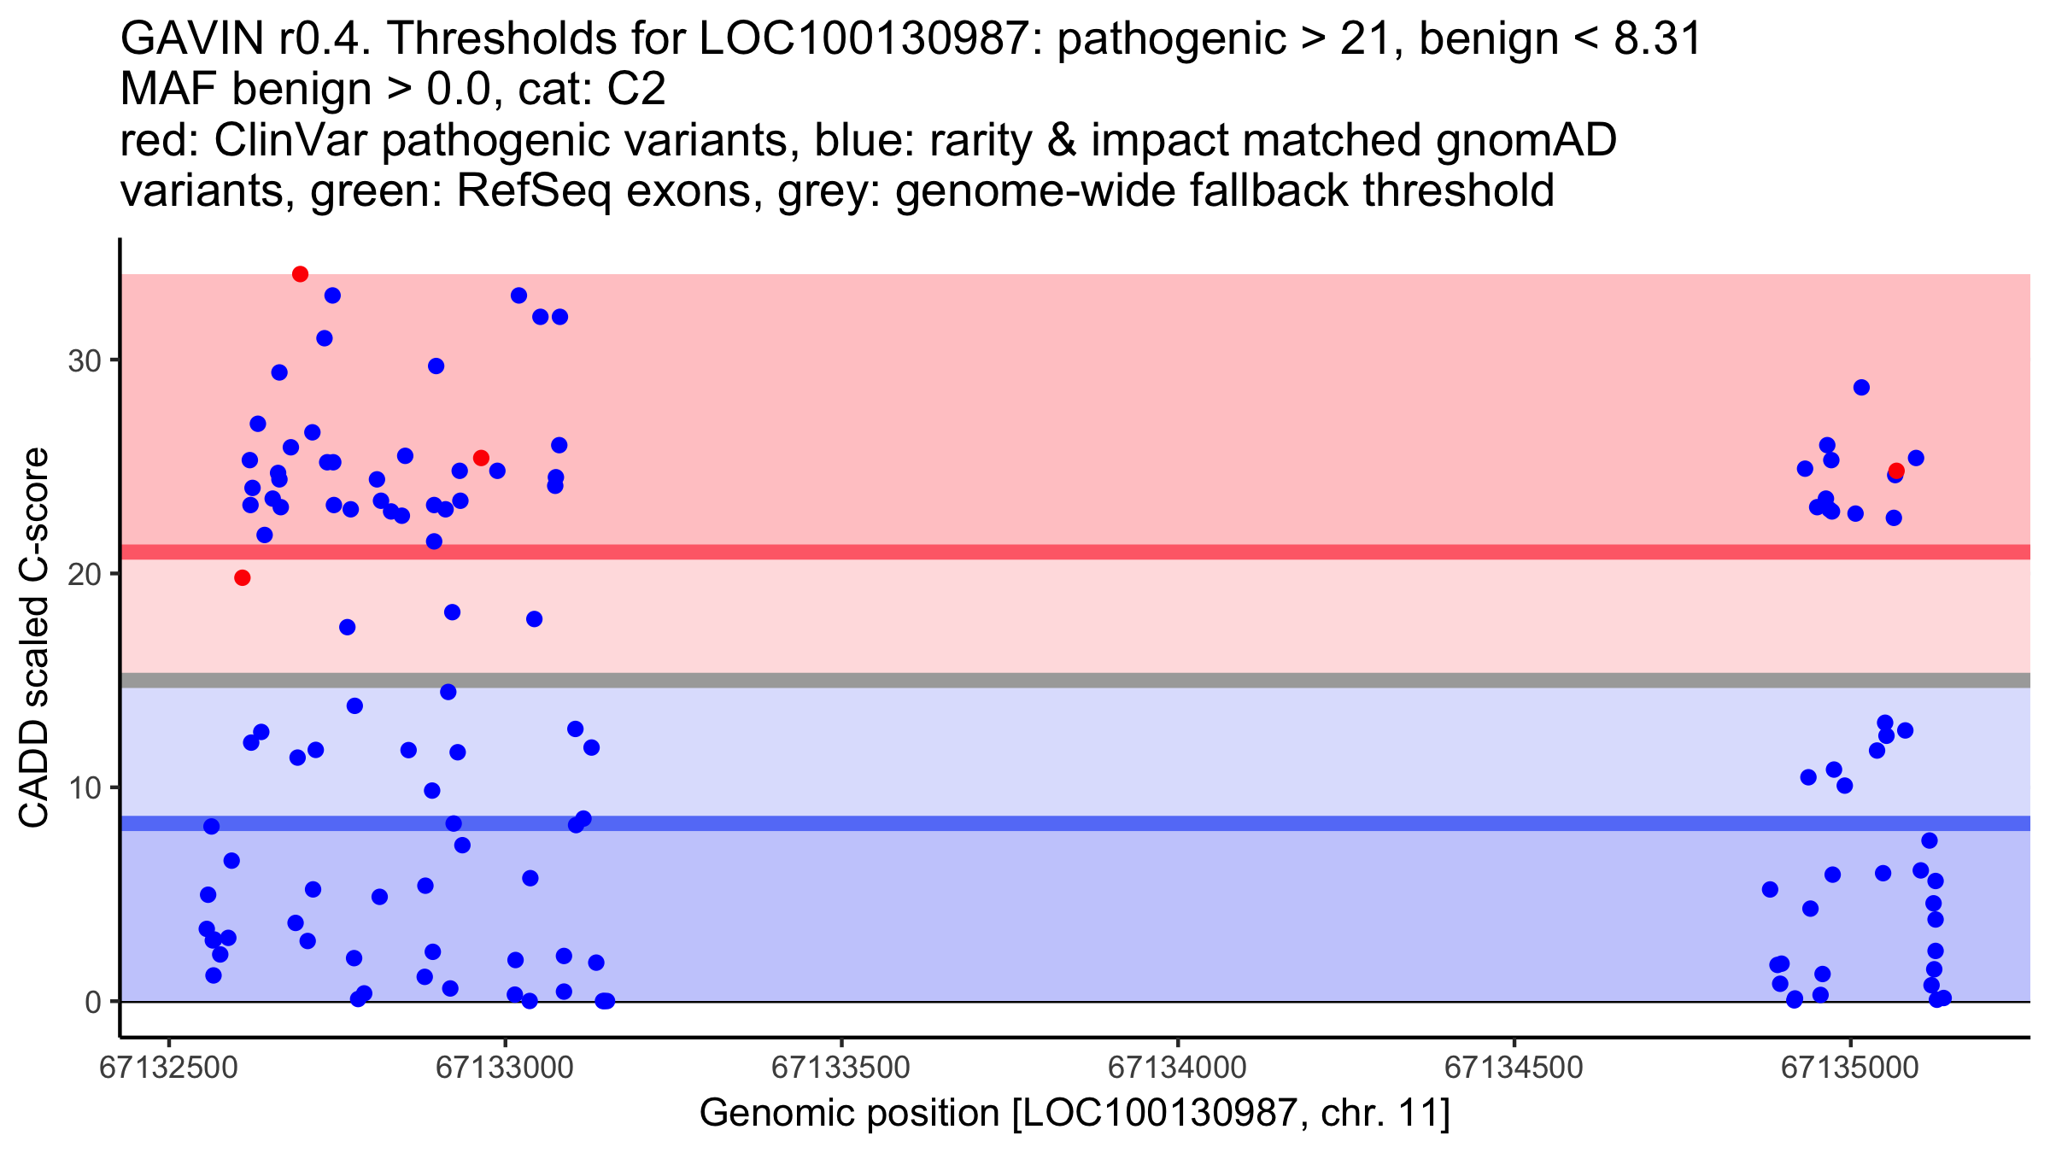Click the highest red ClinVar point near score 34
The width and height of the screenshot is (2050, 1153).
point(300,274)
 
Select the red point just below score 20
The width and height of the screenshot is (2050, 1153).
point(243,578)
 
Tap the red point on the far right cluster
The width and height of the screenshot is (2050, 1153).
point(1896,471)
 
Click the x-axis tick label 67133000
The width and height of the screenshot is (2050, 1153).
point(505,1068)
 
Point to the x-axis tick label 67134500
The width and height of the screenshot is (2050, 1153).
point(1514,1068)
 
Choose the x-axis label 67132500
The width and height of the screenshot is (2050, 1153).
point(168,1068)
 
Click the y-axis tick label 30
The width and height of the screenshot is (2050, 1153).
point(84,360)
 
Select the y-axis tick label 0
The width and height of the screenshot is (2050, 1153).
point(92,1002)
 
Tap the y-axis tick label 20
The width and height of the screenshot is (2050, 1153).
point(84,574)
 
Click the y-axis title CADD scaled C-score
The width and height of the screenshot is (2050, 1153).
point(34,639)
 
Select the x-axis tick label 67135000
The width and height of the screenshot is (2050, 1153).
point(1850,1068)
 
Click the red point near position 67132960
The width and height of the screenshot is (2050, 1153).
point(481,458)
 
